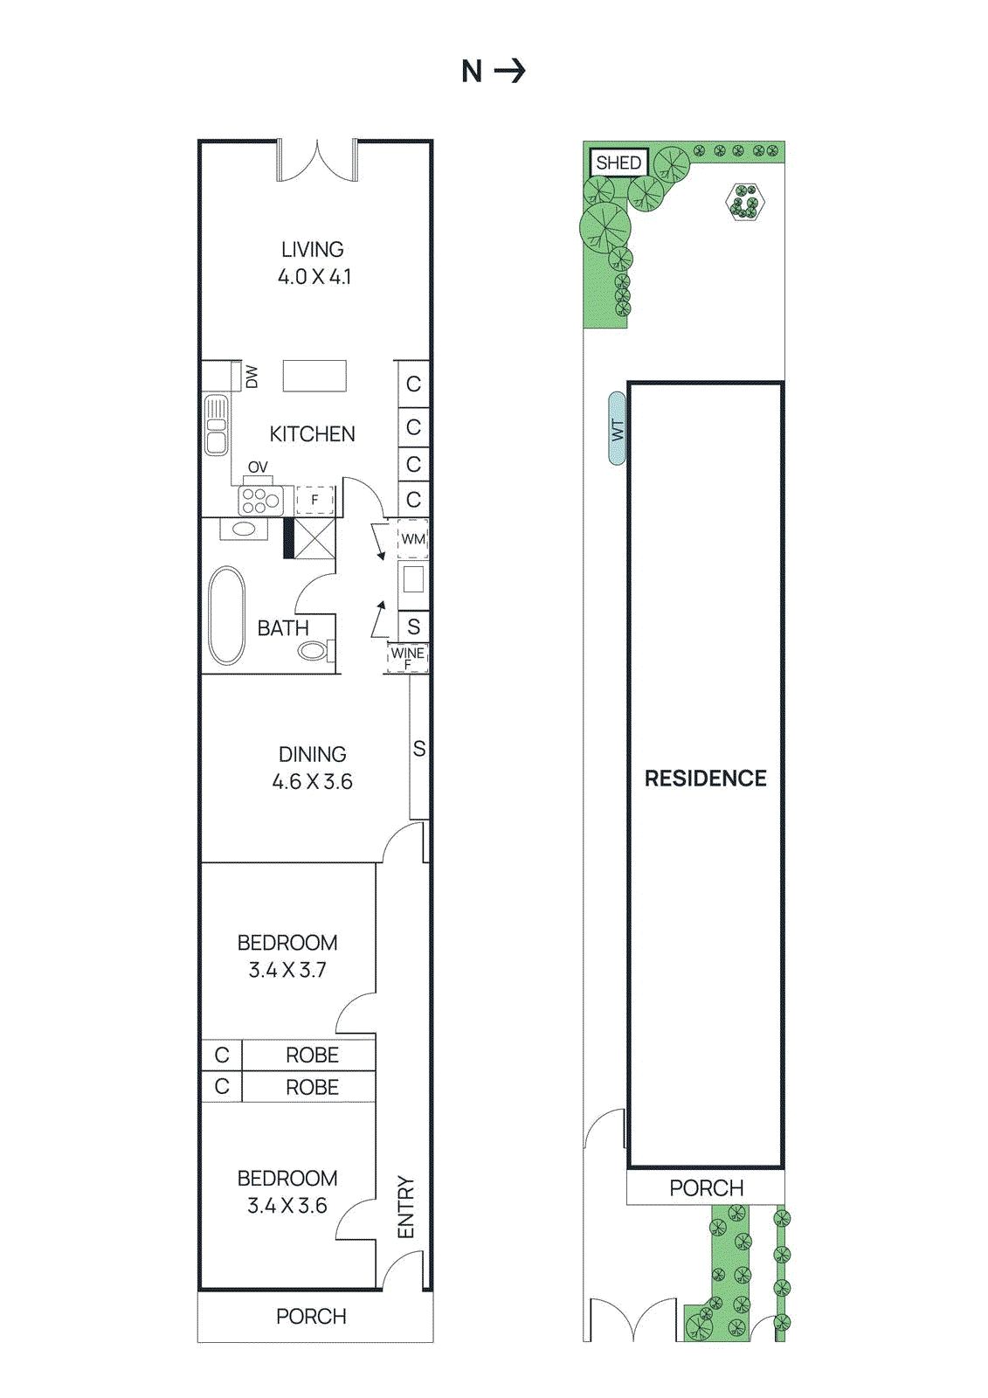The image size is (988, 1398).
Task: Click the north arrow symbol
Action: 510,71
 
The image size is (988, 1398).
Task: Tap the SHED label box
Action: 618,163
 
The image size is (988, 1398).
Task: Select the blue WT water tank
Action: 618,428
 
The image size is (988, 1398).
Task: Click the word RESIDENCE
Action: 705,779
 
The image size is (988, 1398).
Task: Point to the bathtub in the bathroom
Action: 226,615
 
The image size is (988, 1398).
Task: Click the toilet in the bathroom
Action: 313,650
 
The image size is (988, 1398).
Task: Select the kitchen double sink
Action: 216,425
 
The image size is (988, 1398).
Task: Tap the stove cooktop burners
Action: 260,501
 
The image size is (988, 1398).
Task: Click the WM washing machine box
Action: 413,539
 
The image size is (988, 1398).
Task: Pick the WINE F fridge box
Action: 407,658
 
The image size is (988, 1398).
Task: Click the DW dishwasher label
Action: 252,377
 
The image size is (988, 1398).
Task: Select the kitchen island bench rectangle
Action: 314,377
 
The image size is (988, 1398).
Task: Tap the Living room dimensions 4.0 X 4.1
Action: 314,277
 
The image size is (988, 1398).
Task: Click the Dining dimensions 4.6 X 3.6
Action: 312,782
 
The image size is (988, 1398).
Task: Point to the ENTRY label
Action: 405,1207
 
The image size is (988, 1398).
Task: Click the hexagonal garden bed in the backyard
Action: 745,203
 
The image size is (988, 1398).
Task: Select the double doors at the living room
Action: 317,162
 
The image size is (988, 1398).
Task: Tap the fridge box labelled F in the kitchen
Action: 314,500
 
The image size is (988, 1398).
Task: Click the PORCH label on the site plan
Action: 706,1188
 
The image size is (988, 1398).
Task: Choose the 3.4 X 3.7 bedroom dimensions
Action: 287,970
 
